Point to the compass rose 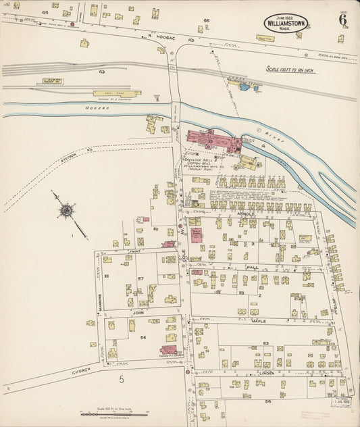(x=66, y=211)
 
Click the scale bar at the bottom (x=105, y=413)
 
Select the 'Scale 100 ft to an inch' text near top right (x=296, y=68)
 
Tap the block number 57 (x=141, y=278)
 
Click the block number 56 (x=143, y=337)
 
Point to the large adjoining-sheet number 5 (x=122, y=380)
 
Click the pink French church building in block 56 (x=168, y=349)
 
